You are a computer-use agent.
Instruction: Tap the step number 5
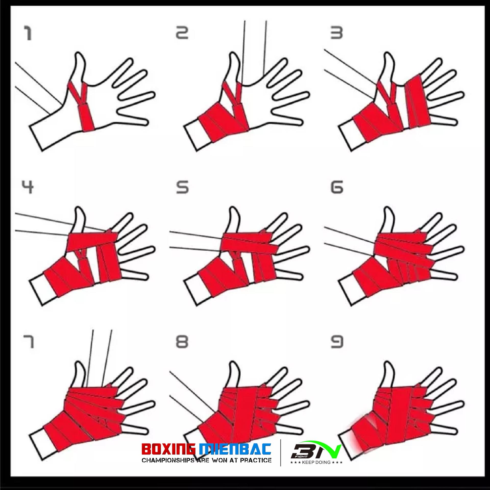(x=182, y=187)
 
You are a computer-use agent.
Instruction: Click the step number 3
(x=336, y=33)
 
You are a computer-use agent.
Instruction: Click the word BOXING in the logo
(x=168, y=449)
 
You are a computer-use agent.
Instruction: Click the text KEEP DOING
(x=316, y=462)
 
